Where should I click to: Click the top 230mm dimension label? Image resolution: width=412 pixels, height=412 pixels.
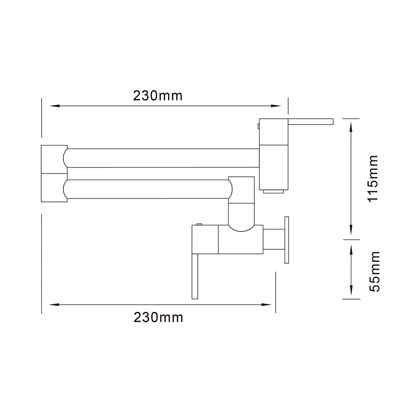(x=157, y=96)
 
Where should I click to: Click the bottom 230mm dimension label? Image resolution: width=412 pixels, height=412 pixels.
(x=158, y=317)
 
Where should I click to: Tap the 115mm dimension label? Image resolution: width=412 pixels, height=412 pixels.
(x=373, y=178)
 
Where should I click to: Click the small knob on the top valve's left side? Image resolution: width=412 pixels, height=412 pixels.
(x=257, y=124)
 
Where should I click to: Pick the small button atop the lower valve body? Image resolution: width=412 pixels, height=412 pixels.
(x=199, y=224)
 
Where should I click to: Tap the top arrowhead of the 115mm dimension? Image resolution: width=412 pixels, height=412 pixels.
(x=351, y=124)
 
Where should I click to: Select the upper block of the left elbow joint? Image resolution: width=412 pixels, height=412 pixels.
(x=54, y=159)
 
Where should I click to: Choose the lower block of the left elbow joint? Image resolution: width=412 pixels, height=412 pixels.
(x=54, y=188)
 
